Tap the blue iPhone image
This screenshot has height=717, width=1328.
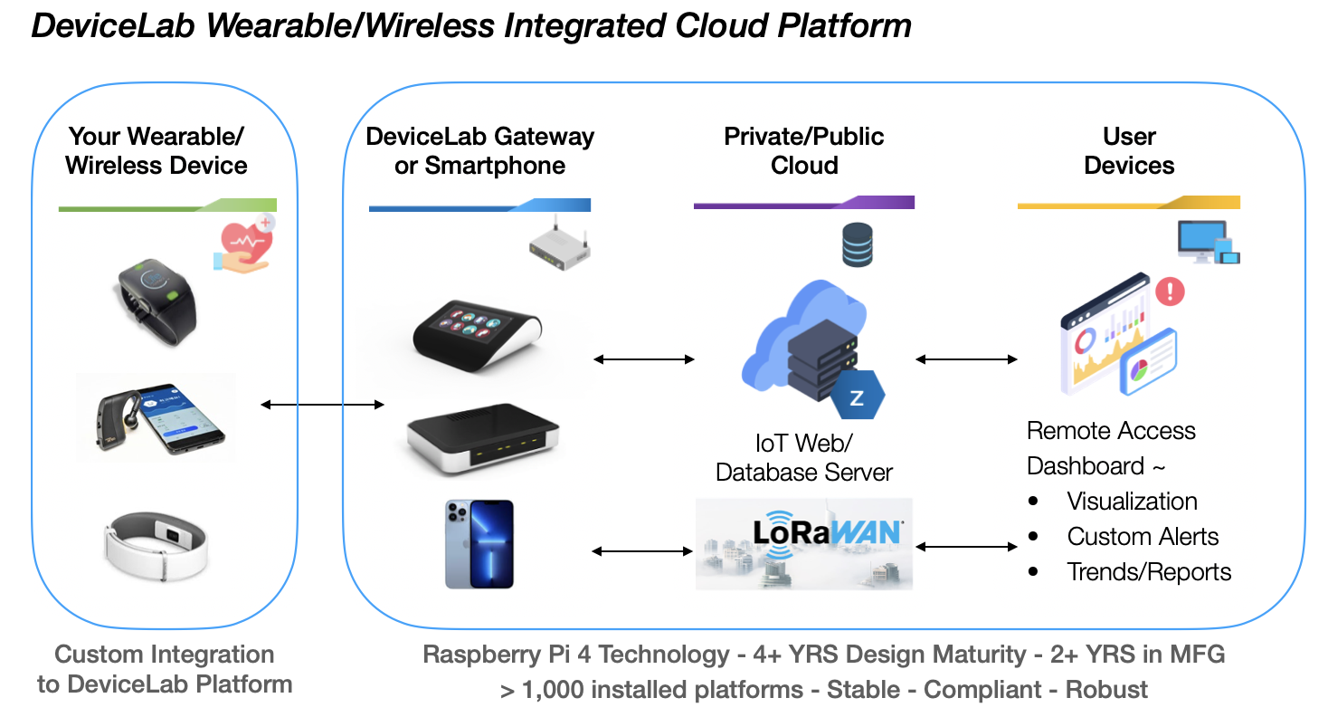pyautogui.click(x=479, y=544)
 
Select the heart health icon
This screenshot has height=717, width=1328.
pyautogui.click(x=244, y=243)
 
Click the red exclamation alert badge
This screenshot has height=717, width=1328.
pyautogui.click(x=1170, y=291)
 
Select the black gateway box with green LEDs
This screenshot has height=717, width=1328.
pyautogui.click(x=476, y=445)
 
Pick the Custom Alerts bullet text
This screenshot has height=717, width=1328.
pyautogui.click(x=1143, y=537)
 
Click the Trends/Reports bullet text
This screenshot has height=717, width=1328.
pyautogui.click(x=1149, y=572)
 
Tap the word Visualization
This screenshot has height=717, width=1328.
pyautogui.click(x=1132, y=502)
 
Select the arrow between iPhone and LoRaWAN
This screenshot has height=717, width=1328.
pyautogui.click(x=641, y=550)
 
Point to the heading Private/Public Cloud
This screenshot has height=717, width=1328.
pyautogui.click(x=803, y=150)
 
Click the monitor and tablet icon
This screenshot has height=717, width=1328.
pyautogui.click(x=1208, y=243)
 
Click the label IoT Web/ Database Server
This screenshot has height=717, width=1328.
pyautogui.click(x=803, y=457)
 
